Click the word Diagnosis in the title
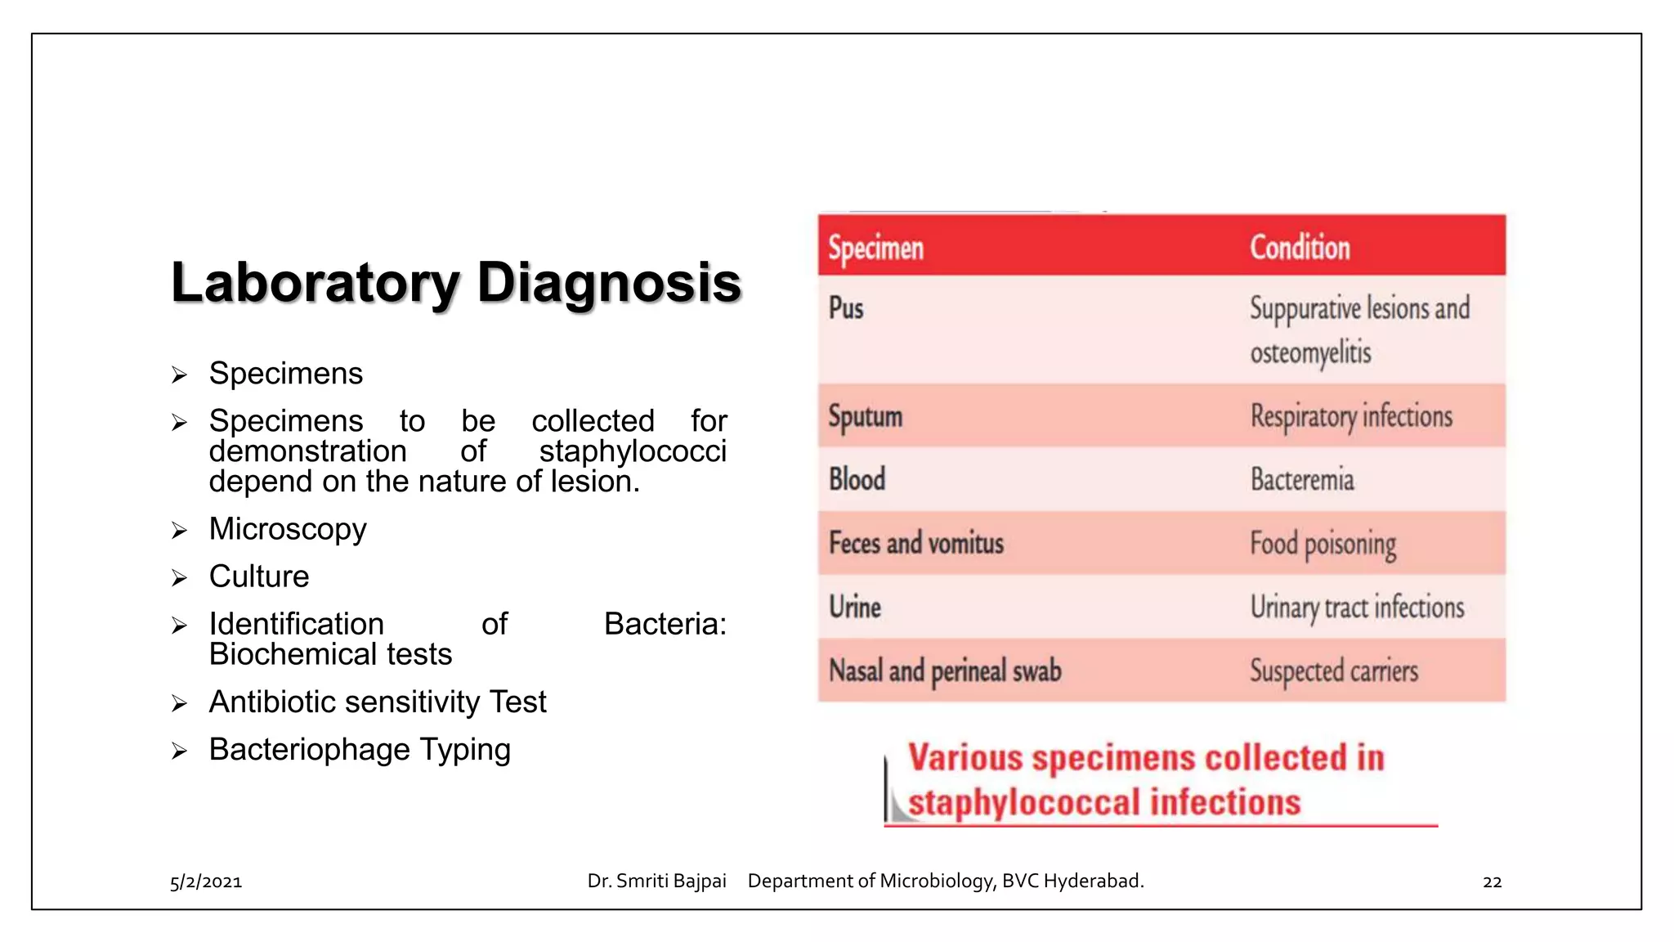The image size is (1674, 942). (x=608, y=283)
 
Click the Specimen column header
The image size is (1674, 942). (x=875, y=248)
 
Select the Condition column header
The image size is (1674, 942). (x=1299, y=247)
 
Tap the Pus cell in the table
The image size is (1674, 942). (x=846, y=308)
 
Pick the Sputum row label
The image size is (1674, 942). (x=865, y=416)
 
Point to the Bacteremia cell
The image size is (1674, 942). (x=1301, y=479)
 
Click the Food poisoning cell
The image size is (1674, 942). (x=1323, y=544)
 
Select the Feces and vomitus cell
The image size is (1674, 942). (x=915, y=543)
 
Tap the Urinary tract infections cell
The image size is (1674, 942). (x=1357, y=608)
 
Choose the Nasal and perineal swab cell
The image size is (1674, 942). (x=944, y=671)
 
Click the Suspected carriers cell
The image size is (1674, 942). (x=1333, y=671)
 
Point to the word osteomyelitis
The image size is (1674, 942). (x=1310, y=353)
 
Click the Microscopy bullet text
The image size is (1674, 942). (x=288, y=529)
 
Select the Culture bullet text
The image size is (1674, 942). (x=259, y=576)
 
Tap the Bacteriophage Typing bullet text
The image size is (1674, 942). (x=360, y=750)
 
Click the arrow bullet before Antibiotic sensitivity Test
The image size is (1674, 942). (x=180, y=703)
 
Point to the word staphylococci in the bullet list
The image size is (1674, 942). (x=632, y=451)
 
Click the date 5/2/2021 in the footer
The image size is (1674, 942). (x=206, y=881)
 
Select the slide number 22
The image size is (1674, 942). (x=1492, y=881)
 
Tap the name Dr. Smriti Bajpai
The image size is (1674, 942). (x=656, y=881)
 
